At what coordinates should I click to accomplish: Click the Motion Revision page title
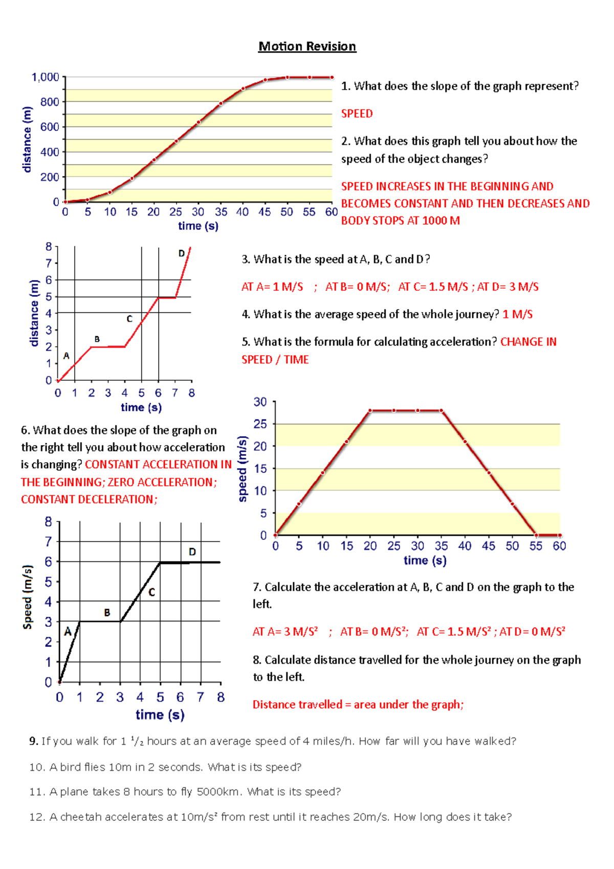(x=307, y=47)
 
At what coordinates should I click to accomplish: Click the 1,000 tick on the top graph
(x=46, y=77)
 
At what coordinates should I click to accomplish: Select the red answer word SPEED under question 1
(x=357, y=114)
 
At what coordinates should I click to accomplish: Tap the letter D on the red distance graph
(x=181, y=253)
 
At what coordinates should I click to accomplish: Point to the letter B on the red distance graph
(x=97, y=339)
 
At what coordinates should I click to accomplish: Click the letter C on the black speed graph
(x=151, y=592)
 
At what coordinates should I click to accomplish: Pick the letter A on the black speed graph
(x=68, y=632)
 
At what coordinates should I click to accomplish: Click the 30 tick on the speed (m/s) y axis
(x=260, y=402)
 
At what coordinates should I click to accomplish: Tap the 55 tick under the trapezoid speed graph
(x=535, y=546)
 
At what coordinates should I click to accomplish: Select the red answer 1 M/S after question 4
(x=517, y=314)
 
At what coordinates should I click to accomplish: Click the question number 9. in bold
(x=34, y=741)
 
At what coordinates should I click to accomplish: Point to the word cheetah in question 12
(x=81, y=817)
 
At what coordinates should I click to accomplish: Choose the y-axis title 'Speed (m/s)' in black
(x=28, y=597)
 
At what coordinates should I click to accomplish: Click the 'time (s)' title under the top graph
(x=198, y=226)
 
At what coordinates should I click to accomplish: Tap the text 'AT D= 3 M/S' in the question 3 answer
(x=508, y=287)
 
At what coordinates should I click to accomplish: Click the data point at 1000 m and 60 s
(x=332, y=77)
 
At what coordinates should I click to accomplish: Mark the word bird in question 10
(x=70, y=767)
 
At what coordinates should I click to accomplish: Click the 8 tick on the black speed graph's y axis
(x=49, y=522)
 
